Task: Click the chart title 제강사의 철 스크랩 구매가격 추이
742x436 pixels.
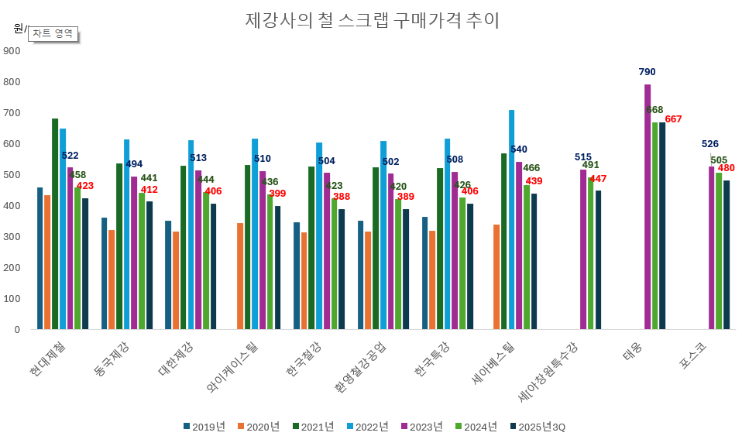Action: coord(372,20)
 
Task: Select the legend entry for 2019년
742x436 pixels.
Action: coord(204,427)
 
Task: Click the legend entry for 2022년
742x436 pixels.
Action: coord(367,427)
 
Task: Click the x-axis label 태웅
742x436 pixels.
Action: coord(632,354)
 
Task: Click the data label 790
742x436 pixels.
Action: coord(647,72)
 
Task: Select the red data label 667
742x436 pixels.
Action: coord(673,118)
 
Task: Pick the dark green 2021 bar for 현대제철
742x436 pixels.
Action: coord(55,224)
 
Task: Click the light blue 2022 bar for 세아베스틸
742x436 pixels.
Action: coord(511,220)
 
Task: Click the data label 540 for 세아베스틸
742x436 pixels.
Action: coord(518,149)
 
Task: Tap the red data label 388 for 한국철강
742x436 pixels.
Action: coord(342,197)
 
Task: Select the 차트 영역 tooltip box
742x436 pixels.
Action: coord(53,33)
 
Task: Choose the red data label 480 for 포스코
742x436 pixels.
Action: coord(727,168)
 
